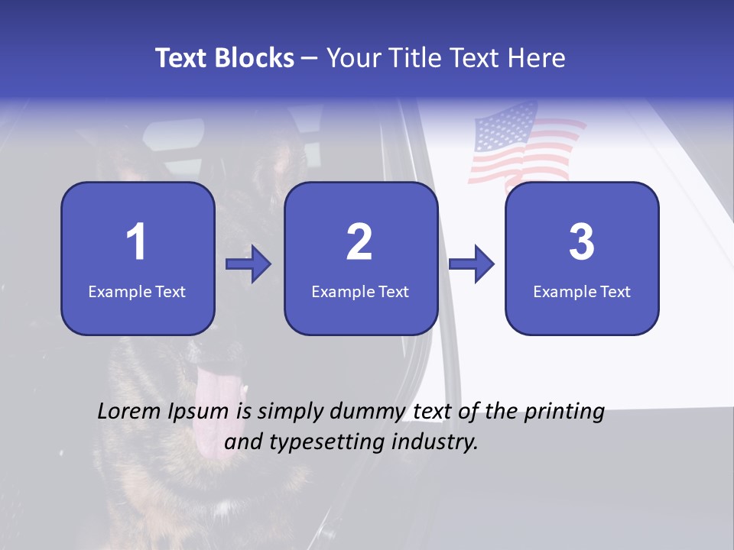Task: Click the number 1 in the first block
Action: (136, 242)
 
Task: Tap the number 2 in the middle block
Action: (359, 242)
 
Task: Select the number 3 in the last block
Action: (582, 242)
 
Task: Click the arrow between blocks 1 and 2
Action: (248, 264)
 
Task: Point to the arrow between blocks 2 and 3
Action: (472, 264)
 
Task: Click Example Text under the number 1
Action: (137, 291)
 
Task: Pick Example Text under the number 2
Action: (360, 291)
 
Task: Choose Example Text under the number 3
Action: (582, 291)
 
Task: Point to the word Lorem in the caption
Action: (129, 412)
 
